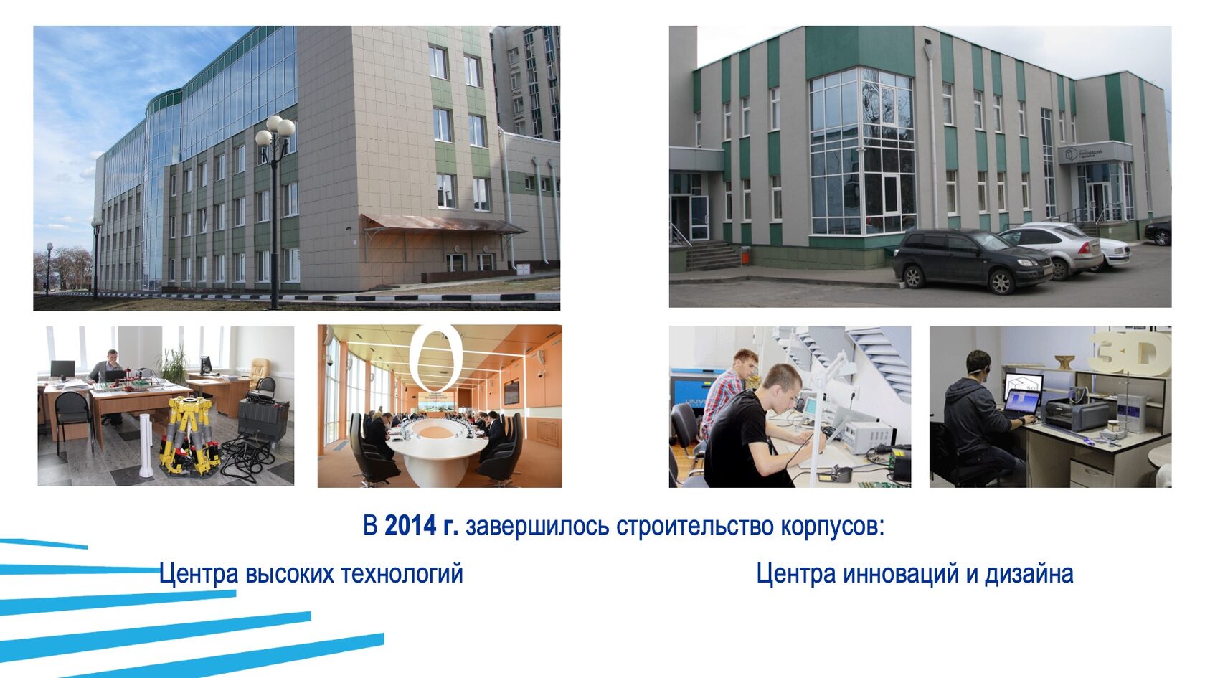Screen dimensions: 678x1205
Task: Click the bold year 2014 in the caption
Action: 410,526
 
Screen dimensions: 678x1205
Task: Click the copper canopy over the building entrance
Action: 440,223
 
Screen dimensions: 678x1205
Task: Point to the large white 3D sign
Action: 1131,352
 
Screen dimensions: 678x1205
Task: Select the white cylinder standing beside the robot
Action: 146,445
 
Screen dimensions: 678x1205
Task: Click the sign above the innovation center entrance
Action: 1095,152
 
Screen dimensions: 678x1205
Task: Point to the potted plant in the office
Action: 174,364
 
